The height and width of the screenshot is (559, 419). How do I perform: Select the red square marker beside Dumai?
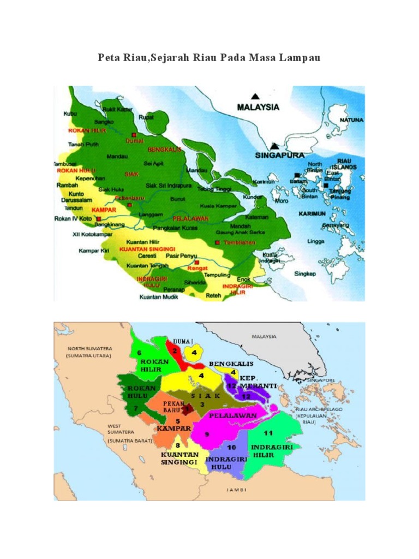tap(133, 134)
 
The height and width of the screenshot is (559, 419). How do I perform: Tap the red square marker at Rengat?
tap(196, 261)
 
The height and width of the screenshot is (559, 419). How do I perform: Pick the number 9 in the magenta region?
tap(207, 434)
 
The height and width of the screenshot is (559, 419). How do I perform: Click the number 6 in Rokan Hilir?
tap(140, 353)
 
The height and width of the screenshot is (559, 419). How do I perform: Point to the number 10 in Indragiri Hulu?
tap(231, 448)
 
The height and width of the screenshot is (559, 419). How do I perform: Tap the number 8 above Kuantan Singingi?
tap(177, 446)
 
